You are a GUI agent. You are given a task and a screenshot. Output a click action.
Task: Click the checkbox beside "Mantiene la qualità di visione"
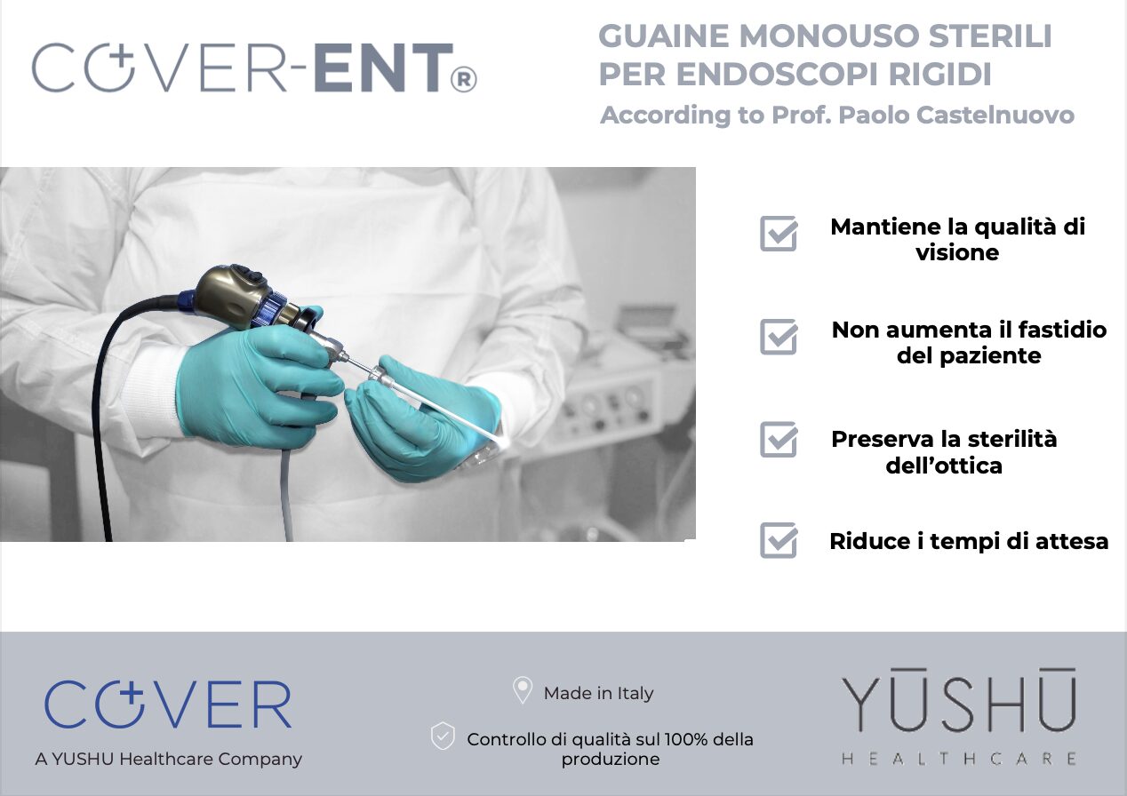[779, 234]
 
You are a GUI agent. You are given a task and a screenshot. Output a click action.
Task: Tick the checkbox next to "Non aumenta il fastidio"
[779, 337]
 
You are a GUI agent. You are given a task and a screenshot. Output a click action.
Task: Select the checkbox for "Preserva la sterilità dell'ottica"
[779, 440]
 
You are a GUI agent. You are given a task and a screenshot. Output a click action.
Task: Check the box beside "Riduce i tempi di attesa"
[779, 540]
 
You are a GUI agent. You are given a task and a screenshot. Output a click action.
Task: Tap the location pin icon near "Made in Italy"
[523, 690]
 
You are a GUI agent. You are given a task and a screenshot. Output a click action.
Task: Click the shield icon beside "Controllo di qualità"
[443, 736]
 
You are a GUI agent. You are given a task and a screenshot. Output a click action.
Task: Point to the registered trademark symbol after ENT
[464, 80]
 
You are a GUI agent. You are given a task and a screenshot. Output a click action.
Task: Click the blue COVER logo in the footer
[168, 704]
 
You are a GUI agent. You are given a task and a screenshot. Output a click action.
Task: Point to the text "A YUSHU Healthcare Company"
[169, 759]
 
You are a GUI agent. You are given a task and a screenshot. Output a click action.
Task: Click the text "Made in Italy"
[598, 693]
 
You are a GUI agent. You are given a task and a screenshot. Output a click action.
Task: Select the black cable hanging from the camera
[102, 426]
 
